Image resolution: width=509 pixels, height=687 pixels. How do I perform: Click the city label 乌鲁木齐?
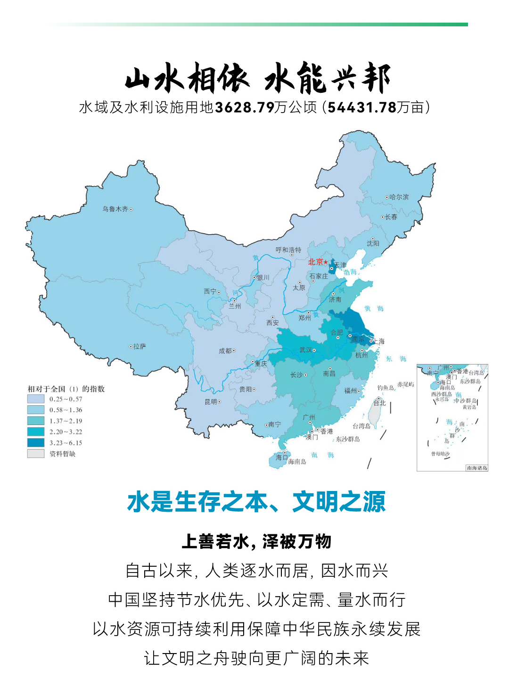point(115,209)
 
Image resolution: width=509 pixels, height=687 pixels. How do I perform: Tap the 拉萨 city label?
point(140,346)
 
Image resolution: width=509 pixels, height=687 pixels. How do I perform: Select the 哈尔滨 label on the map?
point(399,197)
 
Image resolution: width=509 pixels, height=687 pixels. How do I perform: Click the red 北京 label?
point(316,262)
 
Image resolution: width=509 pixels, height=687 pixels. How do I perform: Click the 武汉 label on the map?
point(305,350)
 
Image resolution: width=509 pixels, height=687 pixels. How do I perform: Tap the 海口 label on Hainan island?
point(281,457)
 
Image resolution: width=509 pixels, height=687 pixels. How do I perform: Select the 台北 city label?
point(379,403)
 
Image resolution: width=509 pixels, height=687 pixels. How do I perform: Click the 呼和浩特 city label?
point(288,250)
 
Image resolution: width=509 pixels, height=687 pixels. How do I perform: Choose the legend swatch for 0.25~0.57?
point(36,399)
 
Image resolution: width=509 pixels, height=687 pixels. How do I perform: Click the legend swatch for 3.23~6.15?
point(36,443)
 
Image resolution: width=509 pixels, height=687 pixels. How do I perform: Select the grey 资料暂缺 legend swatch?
point(36,454)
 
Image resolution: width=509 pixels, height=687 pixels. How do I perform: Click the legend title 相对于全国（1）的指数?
point(66,389)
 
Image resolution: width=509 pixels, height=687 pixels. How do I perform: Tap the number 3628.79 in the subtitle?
point(245,107)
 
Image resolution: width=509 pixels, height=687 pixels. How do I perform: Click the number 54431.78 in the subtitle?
point(361,107)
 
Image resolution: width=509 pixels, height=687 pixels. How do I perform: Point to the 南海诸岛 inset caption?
point(476,468)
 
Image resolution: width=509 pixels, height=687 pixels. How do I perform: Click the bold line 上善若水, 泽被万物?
point(256,542)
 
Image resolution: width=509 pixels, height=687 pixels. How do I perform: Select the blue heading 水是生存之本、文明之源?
point(256,502)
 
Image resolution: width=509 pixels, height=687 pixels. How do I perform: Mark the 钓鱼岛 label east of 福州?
point(385,387)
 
